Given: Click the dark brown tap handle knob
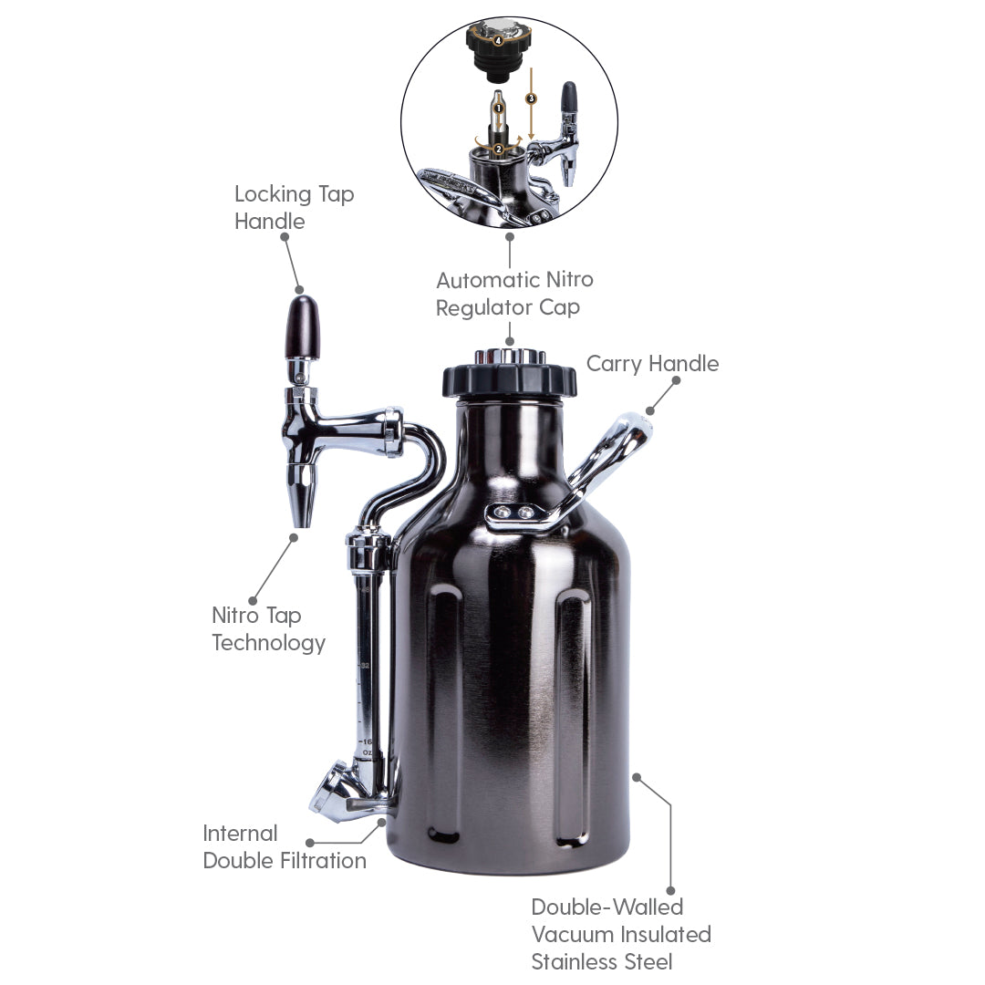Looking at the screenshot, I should click(x=305, y=326).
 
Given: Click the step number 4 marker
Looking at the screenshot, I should click(x=498, y=40).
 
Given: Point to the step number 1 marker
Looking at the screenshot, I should click(x=499, y=109).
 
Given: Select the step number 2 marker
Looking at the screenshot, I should click(x=499, y=149).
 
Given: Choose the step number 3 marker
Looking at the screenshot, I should click(x=532, y=98).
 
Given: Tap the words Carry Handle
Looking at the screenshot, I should click(x=652, y=364).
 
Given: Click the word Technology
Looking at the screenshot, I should click(x=268, y=643).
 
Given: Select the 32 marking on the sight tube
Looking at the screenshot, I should click(x=365, y=666).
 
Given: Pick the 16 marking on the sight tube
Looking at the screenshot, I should click(x=367, y=742).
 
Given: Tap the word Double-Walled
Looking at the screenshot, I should click(x=607, y=907).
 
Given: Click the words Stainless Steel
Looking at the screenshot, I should click(x=602, y=961).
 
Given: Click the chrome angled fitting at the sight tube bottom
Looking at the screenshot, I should click(x=333, y=792).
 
